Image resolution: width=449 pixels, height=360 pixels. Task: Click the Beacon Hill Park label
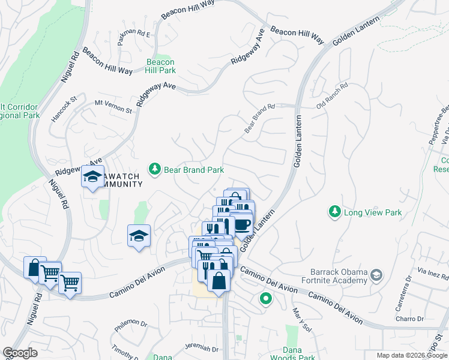point(160,66)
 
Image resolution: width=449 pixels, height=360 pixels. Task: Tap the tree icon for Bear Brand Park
point(155,170)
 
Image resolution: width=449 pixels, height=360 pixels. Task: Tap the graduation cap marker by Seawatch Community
point(92,177)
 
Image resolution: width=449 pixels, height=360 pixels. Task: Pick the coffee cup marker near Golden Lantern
point(242,225)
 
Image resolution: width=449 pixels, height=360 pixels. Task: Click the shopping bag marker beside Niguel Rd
point(34,267)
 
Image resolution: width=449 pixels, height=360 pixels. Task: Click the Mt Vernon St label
point(113,107)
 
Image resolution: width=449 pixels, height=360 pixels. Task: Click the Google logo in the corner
point(20,353)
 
